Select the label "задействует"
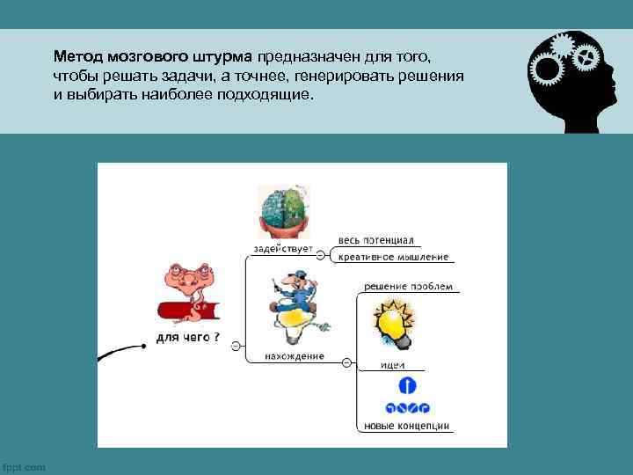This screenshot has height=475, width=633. click(283, 249)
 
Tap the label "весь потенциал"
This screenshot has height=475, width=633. click(375, 240)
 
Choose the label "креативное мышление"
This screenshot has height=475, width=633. click(393, 257)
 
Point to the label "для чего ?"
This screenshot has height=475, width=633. click(188, 338)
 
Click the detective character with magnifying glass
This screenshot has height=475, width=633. click(291, 308)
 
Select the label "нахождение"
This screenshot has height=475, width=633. click(295, 356)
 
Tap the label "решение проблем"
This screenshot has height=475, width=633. click(409, 286)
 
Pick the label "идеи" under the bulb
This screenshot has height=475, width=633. click(392, 365)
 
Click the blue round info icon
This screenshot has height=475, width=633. click(406, 385)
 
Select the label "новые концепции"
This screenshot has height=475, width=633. click(406, 426)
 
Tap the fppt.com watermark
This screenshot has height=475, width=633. click(24, 467)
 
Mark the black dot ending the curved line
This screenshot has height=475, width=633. click(143, 347)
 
